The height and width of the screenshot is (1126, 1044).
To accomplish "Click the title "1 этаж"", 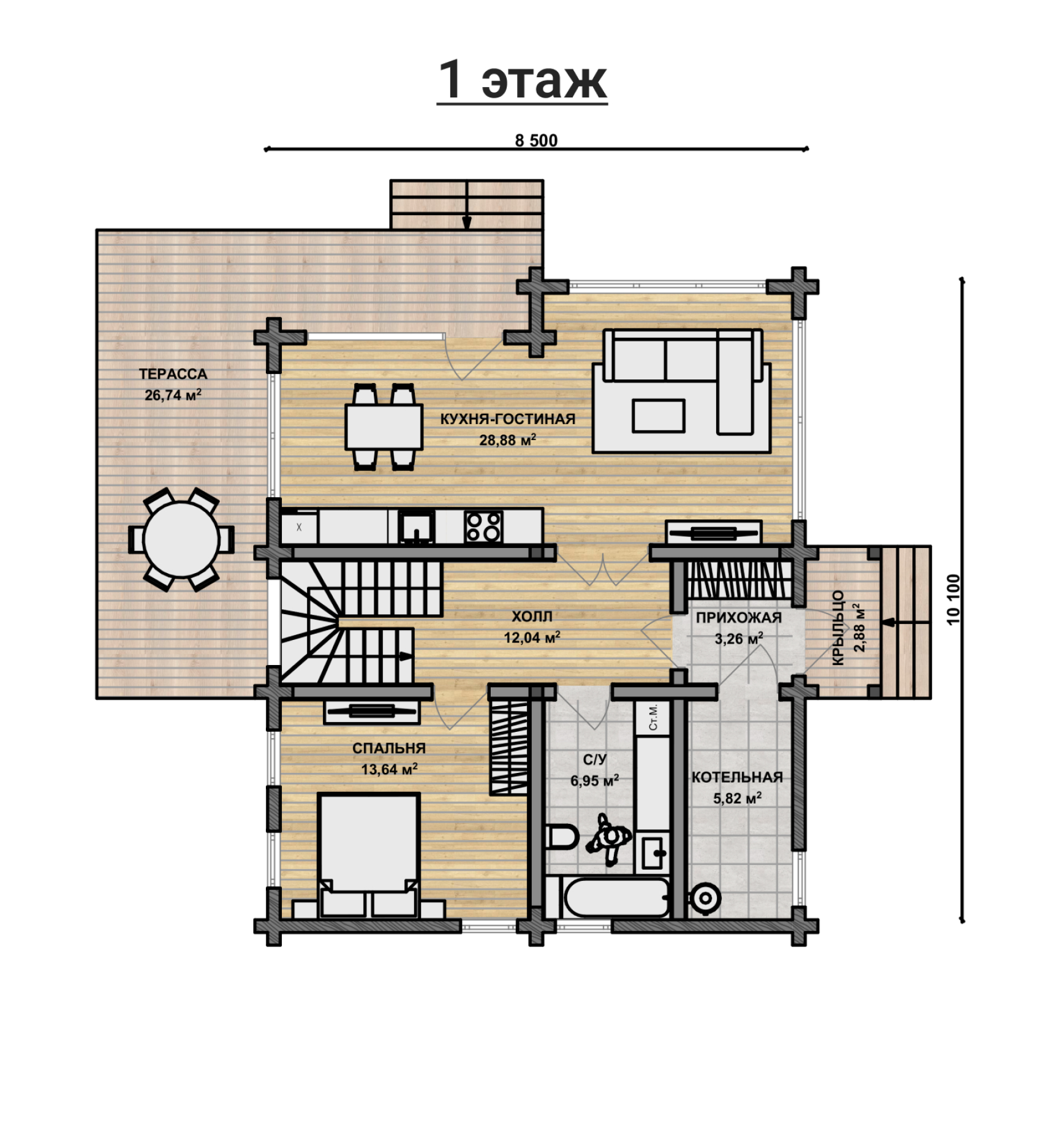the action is [522, 80].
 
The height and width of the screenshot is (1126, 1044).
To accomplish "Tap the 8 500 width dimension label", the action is [536, 140].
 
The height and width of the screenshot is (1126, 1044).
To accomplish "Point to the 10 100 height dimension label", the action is [953, 599].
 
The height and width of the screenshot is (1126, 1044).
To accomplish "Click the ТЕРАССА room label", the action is [173, 374].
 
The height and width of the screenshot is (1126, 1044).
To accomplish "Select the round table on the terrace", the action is [181, 539].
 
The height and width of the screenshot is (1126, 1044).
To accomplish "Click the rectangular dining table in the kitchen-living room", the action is [384, 427].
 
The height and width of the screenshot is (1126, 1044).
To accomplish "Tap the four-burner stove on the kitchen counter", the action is [483, 527].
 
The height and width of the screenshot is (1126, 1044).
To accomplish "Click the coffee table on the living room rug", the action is [659, 416].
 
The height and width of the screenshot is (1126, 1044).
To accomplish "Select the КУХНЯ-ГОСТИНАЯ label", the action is [508, 419].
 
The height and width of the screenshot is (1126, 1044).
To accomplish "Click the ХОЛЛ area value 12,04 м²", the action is [532, 637].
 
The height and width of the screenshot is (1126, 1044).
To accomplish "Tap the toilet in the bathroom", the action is [561, 837].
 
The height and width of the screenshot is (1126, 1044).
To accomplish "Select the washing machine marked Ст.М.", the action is [653, 717].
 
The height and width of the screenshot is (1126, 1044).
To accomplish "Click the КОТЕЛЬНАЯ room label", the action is [737, 777].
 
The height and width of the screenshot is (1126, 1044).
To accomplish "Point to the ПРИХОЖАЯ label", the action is [738, 617].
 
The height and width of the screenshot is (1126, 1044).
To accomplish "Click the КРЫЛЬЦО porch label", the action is [838, 628].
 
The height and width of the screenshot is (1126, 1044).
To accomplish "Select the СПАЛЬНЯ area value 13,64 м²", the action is [389, 769].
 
